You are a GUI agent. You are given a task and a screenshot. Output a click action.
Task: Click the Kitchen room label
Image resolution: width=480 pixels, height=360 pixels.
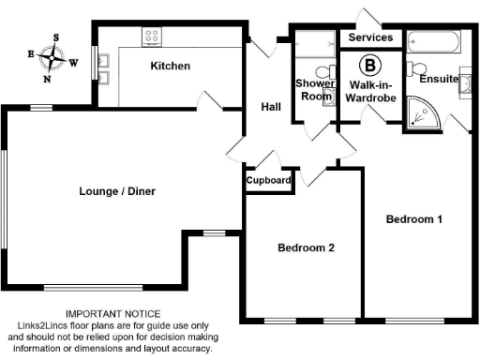pyautogui.click(x=171, y=67)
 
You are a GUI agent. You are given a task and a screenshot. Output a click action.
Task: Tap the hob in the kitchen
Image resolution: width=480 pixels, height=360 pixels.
pyautogui.click(x=152, y=37)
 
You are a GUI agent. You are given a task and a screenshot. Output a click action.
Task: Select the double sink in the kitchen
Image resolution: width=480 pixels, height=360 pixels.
pyautogui.click(x=105, y=67)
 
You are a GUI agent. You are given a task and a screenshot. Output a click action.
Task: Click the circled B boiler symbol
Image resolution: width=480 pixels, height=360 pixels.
pyautogui.click(x=371, y=66)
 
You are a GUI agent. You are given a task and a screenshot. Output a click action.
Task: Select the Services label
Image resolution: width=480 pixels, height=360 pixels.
pyautogui.click(x=371, y=38)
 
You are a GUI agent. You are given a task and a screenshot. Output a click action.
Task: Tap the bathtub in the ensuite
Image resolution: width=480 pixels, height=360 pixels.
pyautogui.click(x=433, y=43)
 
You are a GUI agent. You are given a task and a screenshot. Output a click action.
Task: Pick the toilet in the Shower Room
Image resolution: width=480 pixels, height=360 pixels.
pyautogui.click(x=322, y=72)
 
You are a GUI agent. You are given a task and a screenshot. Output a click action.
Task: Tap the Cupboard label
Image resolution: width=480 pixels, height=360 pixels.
pyautogui.click(x=268, y=180)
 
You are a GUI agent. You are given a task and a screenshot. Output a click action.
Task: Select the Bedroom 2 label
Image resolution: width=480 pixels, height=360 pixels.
pyautogui.click(x=306, y=248)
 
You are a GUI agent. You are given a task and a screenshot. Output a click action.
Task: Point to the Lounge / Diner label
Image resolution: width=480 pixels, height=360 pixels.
pyautogui.click(x=117, y=192)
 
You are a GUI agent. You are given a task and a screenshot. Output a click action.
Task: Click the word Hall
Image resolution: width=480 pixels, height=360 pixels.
pyautogui.click(x=271, y=108)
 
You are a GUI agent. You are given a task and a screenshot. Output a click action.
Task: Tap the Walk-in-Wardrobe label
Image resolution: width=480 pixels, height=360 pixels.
pyautogui.click(x=370, y=89)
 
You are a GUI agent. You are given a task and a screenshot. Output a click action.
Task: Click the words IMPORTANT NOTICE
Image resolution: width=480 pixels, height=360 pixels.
pyautogui.click(x=112, y=314)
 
